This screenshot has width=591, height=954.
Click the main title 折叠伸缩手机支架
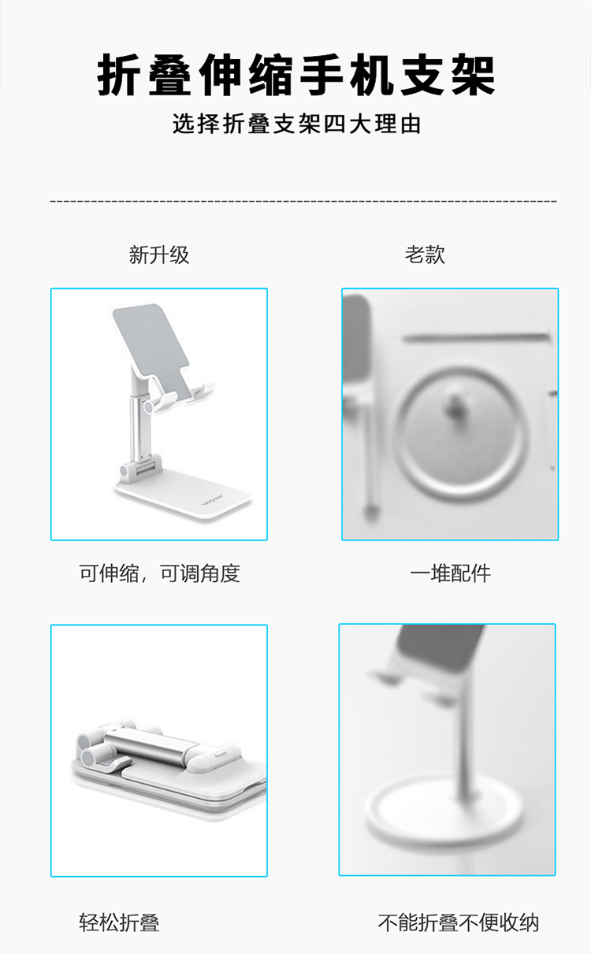(x=295, y=76)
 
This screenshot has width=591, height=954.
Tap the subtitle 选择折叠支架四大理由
(x=297, y=124)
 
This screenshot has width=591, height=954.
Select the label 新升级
(x=159, y=254)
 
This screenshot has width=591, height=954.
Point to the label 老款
(x=425, y=254)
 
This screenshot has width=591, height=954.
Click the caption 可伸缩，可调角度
(x=159, y=573)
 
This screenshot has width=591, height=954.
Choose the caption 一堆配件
(x=450, y=573)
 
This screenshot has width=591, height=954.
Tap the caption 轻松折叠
(x=119, y=922)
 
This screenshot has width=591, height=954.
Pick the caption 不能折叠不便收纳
(x=459, y=922)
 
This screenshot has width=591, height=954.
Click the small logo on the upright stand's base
(x=213, y=499)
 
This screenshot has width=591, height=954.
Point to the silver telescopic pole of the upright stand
(x=138, y=430)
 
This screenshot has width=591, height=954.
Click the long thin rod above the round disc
(x=477, y=337)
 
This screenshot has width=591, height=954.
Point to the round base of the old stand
(x=443, y=811)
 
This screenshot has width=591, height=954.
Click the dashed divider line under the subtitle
(x=303, y=200)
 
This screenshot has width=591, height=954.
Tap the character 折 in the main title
(x=118, y=76)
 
